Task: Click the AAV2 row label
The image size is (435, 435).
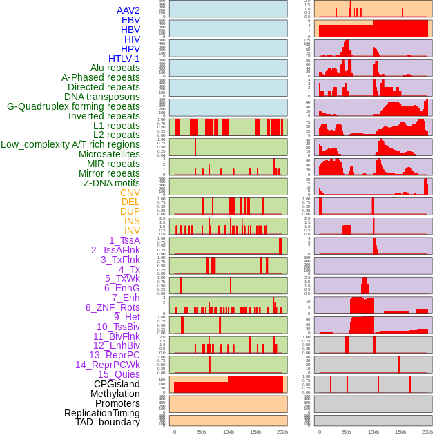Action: click(128, 10)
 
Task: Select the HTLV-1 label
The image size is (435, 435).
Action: click(124, 59)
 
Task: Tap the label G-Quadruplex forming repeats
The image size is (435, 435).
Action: click(73, 106)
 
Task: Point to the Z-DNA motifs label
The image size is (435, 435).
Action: click(112, 183)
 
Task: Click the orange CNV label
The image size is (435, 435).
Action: click(130, 193)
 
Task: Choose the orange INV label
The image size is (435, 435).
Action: click(132, 231)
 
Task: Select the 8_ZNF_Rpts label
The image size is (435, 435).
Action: click(113, 307)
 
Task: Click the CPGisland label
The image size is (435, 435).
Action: click(117, 384)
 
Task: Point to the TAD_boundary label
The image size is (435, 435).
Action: click(108, 422)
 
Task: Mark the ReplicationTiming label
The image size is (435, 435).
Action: click(102, 413)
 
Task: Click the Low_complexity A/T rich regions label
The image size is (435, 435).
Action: click(70, 144)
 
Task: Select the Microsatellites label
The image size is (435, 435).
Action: click(109, 154)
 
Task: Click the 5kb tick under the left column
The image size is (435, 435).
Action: click(202, 432)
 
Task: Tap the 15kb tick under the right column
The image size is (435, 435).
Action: click(400, 432)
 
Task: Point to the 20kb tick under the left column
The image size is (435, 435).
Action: click(282, 432)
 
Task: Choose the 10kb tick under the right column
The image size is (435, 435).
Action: click(374, 432)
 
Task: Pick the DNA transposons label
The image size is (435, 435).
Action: click(102, 97)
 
